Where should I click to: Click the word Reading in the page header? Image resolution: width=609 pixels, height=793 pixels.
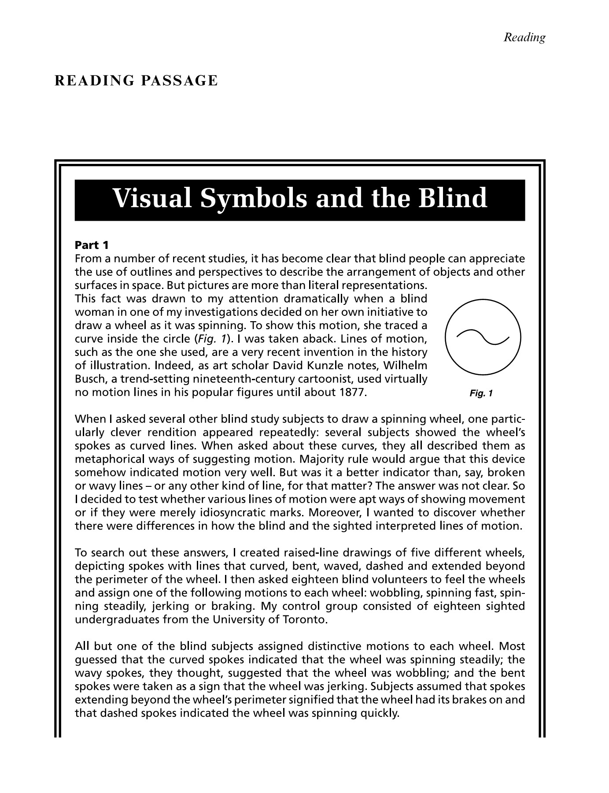tap(524, 37)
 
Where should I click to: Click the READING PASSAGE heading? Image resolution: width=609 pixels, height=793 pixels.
tap(136, 81)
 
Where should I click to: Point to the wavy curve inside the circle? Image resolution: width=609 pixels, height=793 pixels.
tap(483, 337)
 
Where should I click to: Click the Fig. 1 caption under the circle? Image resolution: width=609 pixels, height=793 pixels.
tap(481, 393)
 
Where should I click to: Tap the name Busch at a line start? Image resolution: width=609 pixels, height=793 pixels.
tap(90, 379)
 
